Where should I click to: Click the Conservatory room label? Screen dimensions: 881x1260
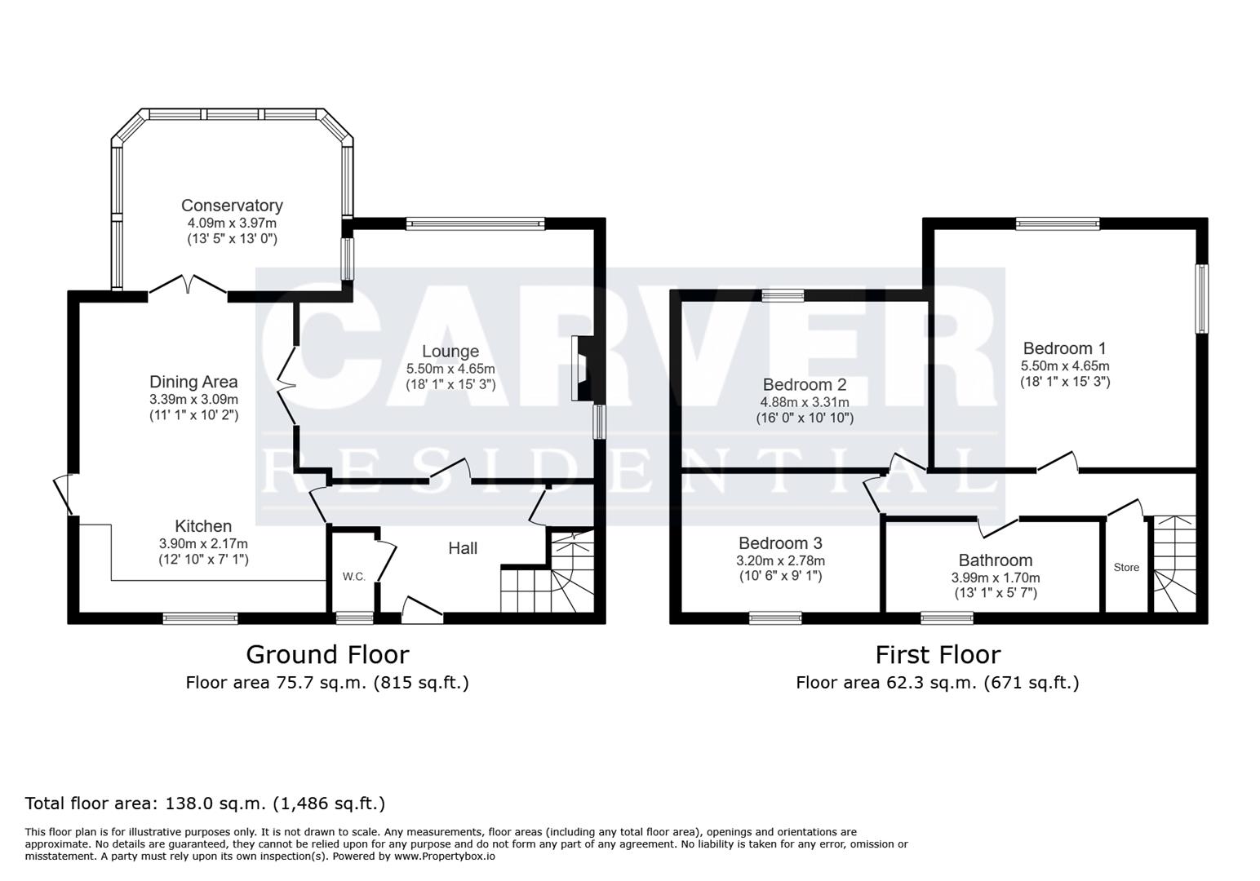pos(232,206)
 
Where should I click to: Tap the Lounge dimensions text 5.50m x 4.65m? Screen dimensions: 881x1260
pos(450,369)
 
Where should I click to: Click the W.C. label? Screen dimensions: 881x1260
pos(353,577)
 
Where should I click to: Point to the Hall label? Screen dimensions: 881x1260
pos(463,548)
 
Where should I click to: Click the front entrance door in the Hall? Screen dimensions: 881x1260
pos(423,610)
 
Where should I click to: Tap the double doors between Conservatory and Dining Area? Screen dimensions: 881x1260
pos(188,286)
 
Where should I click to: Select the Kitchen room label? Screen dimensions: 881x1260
pos(203,526)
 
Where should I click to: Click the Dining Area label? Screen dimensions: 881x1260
pos(193,382)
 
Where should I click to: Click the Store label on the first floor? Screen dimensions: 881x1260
pos(1126,568)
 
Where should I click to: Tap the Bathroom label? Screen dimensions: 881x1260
pos(995,560)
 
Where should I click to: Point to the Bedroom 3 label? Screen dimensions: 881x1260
pos(780,543)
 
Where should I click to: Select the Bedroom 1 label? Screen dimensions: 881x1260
pos(1064,348)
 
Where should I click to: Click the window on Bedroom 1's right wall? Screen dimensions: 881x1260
pos(1201,298)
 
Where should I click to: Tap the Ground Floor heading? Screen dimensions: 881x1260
pos(326,654)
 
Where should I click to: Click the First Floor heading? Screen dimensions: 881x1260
pos(937,654)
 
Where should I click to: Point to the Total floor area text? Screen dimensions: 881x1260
pos(205,804)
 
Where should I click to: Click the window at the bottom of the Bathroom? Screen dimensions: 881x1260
pos(947,618)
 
